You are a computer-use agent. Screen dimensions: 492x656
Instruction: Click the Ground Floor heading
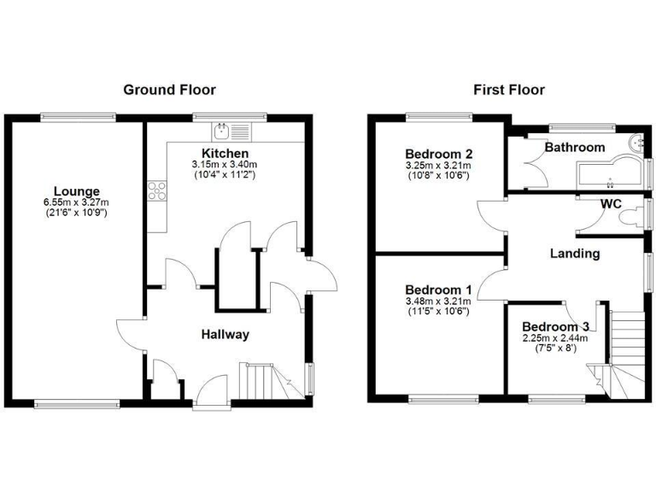169,89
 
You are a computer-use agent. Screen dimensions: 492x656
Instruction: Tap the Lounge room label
77,190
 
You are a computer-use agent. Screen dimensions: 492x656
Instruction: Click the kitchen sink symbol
231,132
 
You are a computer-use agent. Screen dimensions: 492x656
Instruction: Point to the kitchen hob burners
157,192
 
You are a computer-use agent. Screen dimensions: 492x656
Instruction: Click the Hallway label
225,334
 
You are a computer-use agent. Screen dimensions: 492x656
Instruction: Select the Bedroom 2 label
440,154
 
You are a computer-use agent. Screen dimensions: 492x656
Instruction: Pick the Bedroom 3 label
555,326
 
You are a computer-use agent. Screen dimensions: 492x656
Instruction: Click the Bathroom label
575,147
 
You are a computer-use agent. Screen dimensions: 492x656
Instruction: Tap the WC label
611,204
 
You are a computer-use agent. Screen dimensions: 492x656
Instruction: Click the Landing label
574,253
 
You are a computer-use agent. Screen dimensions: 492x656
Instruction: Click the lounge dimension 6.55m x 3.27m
77,202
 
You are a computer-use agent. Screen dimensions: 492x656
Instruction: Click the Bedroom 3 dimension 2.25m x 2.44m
555,337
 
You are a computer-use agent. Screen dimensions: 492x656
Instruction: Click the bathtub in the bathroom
608,173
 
